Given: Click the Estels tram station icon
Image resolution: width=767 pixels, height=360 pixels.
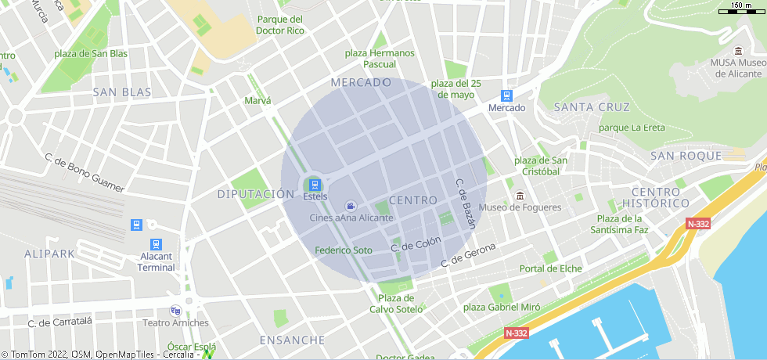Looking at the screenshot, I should coord(315,185).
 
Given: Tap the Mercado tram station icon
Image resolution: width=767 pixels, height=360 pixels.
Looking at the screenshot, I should coord(507,95).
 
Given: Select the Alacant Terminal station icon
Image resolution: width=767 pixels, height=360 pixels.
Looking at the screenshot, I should coord(155,244).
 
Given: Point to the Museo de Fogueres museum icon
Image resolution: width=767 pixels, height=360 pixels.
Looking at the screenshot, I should coord(519,195).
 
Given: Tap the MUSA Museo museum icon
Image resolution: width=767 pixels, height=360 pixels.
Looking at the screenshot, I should coord(738,51).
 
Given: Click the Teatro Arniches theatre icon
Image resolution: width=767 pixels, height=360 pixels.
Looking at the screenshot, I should coord(175,310).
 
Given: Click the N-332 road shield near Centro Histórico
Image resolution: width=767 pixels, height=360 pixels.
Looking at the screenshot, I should coord(698,224).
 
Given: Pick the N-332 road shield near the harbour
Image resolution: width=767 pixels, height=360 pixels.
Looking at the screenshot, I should coord(516,333).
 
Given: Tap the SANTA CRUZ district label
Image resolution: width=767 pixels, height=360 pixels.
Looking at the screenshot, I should coord(591,106).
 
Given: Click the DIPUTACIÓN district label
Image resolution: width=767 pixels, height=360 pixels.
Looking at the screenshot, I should coord(256,194).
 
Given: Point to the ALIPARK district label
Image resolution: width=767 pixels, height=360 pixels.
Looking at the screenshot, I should coord(49,254).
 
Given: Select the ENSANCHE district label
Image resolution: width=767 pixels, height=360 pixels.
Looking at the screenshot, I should coord(292,340).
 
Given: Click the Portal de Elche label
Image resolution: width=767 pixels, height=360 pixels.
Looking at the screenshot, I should coord(551,268).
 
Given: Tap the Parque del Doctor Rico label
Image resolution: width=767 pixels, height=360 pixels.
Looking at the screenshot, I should coord(280,25).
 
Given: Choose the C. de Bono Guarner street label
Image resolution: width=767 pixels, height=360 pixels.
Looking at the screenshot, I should coord(85,171).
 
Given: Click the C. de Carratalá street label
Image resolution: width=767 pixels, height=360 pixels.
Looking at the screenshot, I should coord(59,322).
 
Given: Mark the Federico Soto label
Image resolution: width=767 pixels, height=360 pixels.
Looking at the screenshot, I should coord(344,250).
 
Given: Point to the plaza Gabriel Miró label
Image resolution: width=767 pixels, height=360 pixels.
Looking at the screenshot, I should coord(502,308).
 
